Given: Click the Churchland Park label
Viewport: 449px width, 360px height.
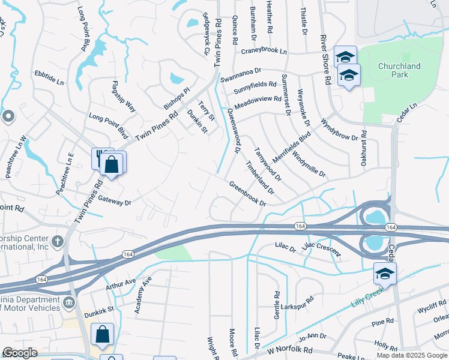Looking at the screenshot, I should (x=399, y=70).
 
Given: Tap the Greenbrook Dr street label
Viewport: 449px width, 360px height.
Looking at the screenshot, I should (x=247, y=193).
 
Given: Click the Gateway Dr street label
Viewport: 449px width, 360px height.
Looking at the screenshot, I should (x=114, y=201).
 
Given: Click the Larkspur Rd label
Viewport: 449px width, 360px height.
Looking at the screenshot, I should (x=301, y=300).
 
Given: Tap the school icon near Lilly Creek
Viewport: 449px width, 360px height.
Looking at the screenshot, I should (x=385, y=274).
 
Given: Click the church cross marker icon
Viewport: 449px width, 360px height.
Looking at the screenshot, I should (x=58, y=242).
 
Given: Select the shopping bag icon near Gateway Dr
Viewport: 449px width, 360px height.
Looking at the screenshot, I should (x=112, y=164).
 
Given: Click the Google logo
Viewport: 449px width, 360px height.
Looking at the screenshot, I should (x=20, y=353).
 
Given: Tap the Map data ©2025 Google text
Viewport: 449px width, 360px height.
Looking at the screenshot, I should (x=411, y=355).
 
